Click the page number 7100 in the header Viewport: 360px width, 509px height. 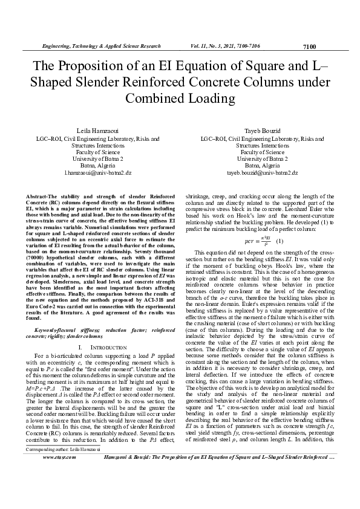tap(309, 46)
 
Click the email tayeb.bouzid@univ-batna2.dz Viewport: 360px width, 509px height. tap(262, 172)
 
